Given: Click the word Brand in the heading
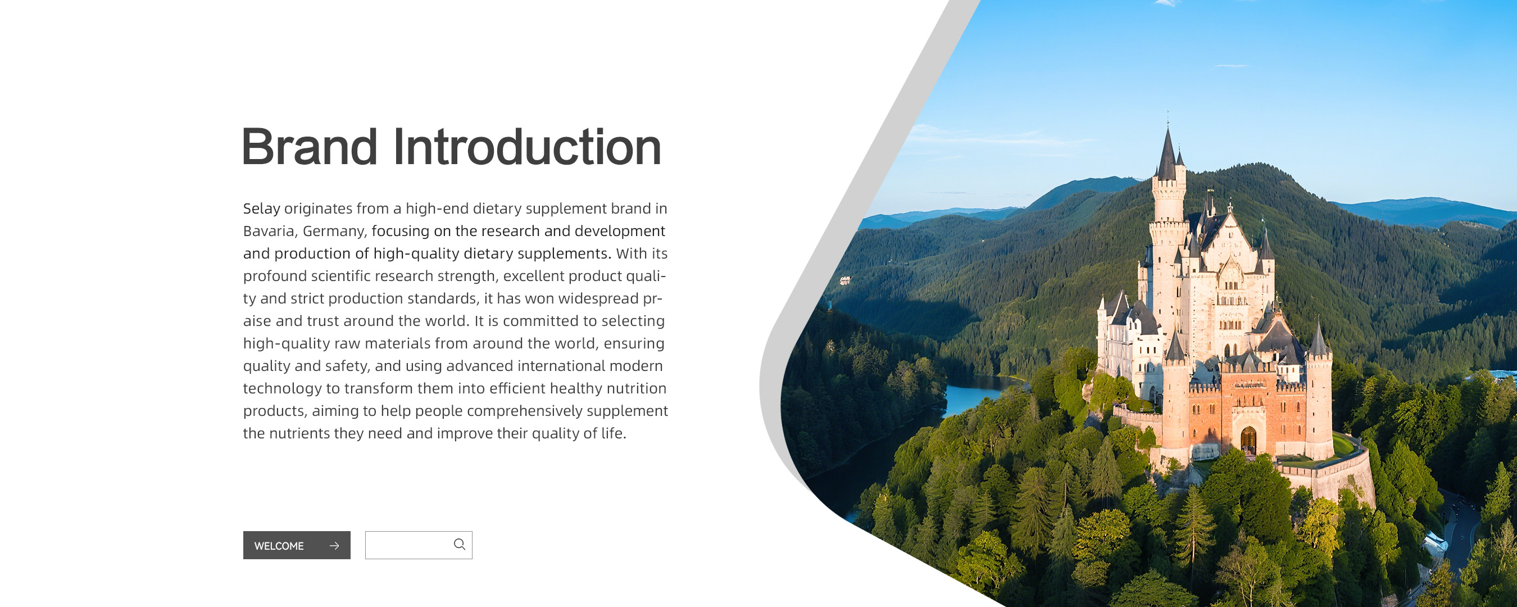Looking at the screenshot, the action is (310, 146).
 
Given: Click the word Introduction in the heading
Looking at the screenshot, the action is (527, 146).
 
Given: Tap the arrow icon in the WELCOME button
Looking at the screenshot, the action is (334, 546).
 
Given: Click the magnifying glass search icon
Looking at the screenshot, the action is (460, 545).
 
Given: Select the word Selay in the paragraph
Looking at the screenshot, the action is (261, 209).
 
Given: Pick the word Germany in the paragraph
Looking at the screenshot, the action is (334, 232).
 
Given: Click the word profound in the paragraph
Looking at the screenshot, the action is (275, 277).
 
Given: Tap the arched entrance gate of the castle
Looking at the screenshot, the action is (1248, 440).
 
